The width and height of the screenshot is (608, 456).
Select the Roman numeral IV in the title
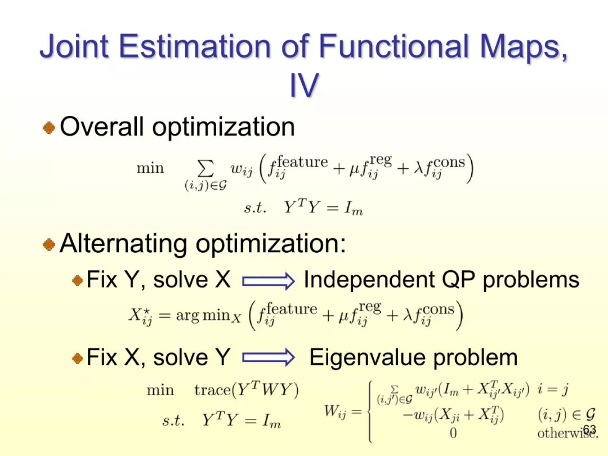(305, 85)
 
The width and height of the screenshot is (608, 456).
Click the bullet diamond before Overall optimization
(49, 127)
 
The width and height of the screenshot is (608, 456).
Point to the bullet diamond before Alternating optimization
(49, 244)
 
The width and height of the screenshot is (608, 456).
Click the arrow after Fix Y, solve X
(269, 281)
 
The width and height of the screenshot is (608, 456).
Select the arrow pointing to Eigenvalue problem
(269, 357)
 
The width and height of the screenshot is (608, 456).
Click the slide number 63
(589, 430)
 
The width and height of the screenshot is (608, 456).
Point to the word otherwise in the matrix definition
(567, 433)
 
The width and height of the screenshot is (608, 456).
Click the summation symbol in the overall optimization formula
(205, 169)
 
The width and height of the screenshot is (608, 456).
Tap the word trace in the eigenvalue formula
(212, 390)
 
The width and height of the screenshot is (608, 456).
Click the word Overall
(102, 127)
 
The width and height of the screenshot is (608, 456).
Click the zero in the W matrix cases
(453, 433)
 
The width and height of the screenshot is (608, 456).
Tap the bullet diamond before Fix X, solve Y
(78, 358)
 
